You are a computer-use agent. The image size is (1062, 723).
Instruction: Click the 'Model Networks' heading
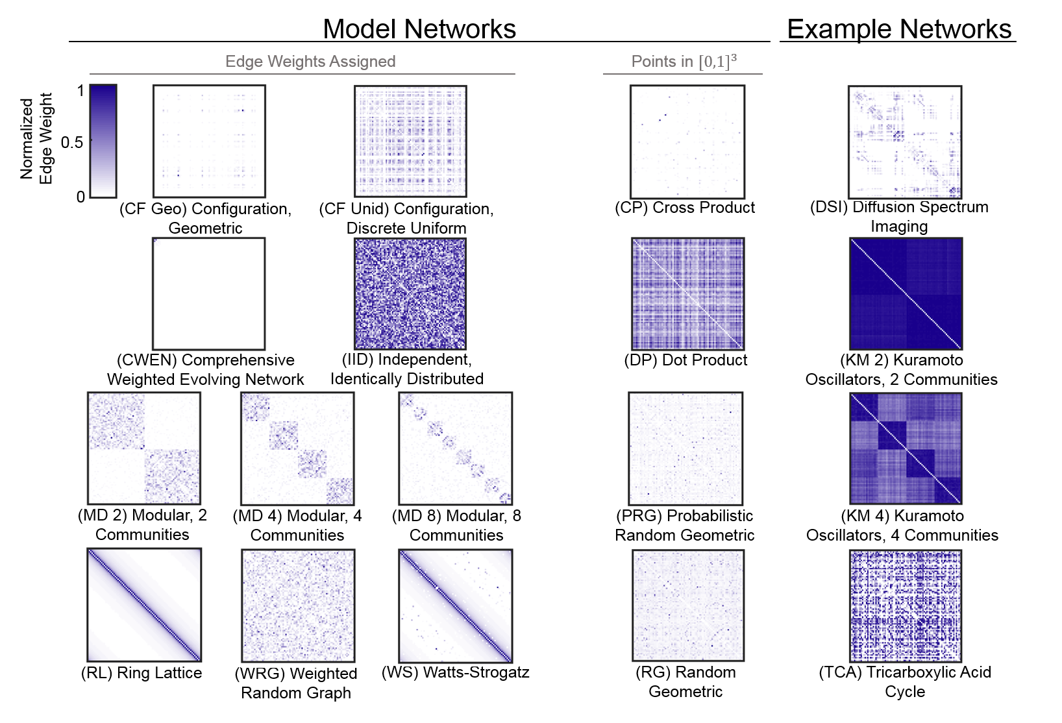pyautogui.click(x=419, y=29)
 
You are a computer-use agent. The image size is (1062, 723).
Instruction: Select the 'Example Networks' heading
pyautogui.click(x=899, y=29)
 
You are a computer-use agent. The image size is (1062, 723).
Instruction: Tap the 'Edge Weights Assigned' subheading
pyautogui.click(x=310, y=62)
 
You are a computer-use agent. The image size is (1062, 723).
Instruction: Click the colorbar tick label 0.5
pyautogui.click(x=72, y=142)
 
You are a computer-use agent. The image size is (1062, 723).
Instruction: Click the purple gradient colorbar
pyautogui.click(x=103, y=140)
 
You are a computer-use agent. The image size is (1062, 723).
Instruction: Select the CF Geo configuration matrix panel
pyautogui.click(x=209, y=141)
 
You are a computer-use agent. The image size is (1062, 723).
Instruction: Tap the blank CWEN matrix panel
pyautogui.click(x=209, y=293)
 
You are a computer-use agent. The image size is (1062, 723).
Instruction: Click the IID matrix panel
pyautogui.click(x=410, y=293)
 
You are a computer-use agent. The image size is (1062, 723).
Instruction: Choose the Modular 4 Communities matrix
pyautogui.click(x=297, y=448)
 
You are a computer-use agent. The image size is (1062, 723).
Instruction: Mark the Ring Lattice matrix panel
pyautogui.click(x=144, y=605)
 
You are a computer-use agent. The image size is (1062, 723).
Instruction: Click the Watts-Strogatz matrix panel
pyautogui.click(x=455, y=606)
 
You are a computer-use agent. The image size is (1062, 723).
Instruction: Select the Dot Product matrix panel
pyautogui.click(x=687, y=293)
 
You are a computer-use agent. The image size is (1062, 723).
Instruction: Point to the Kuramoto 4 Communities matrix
pyautogui.click(x=906, y=448)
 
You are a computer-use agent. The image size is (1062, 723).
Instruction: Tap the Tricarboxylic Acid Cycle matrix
pyautogui.click(x=906, y=606)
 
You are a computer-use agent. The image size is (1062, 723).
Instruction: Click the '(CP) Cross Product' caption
pyautogui.click(x=685, y=208)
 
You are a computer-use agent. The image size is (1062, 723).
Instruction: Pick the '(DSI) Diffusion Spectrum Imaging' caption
pyautogui.click(x=899, y=217)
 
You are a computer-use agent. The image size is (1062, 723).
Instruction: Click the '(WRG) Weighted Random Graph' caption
pyautogui.click(x=296, y=683)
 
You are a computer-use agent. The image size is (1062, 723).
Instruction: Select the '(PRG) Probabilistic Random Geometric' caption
pyautogui.click(x=685, y=526)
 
